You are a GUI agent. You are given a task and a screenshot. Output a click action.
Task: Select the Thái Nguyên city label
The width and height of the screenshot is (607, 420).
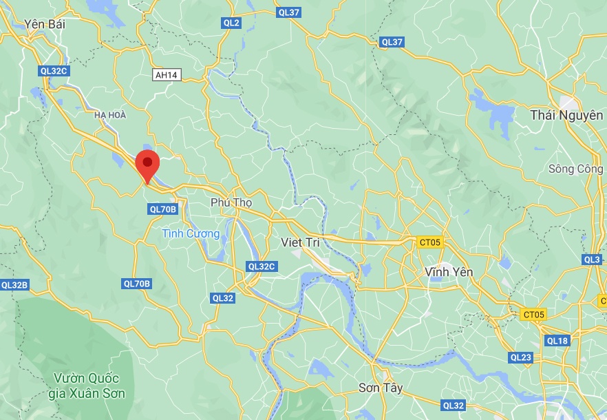tap(566, 115)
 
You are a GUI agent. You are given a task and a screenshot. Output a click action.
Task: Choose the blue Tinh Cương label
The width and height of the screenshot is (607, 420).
tap(191, 233)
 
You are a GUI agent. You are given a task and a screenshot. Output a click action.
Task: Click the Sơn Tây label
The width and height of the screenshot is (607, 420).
tap(380, 388)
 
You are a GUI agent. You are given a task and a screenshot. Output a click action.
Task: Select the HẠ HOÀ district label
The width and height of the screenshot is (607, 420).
tap(110, 115)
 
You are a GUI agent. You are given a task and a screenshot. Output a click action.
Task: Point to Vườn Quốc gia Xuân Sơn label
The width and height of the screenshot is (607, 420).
tap(87, 386)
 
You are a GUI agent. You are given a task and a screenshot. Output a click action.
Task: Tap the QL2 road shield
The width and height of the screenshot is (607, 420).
tap(231, 23)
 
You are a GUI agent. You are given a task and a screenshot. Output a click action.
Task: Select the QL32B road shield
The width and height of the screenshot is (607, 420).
tap(14, 284)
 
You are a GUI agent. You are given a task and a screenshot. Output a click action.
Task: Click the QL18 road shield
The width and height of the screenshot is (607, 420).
tap(557, 340)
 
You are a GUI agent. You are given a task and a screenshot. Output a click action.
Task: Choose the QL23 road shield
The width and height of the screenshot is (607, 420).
tap(521, 357)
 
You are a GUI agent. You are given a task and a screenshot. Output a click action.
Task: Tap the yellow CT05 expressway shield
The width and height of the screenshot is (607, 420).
tap(533, 315)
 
